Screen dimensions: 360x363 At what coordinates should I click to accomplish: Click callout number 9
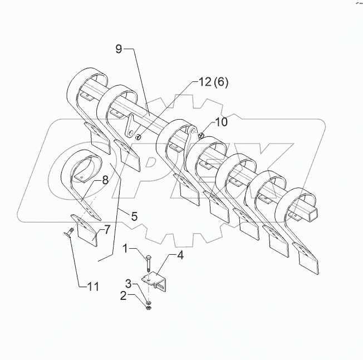(118, 49)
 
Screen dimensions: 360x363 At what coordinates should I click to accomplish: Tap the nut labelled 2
(149, 304)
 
